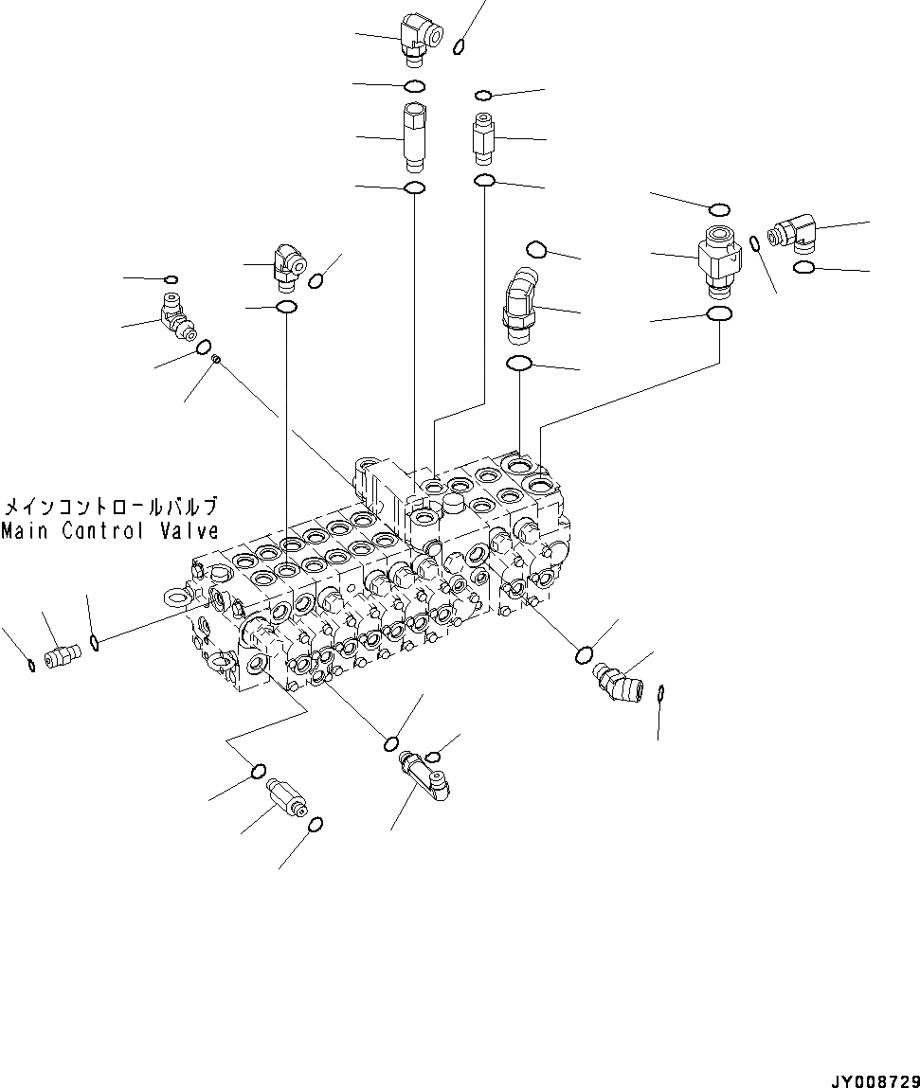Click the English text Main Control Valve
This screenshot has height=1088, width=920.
(x=110, y=531)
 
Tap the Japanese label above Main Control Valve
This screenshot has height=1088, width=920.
(x=111, y=507)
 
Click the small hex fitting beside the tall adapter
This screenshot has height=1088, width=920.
(x=483, y=139)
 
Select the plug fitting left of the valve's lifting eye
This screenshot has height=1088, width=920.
(x=63, y=653)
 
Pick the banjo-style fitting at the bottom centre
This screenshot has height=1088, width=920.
(x=425, y=771)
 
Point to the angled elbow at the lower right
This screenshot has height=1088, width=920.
(x=616, y=680)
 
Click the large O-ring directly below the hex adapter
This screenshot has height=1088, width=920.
(x=719, y=314)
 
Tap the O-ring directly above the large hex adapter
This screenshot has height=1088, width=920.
(x=719, y=208)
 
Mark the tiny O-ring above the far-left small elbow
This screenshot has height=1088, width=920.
(x=171, y=279)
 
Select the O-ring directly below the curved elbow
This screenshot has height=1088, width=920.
(x=519, y=363)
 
